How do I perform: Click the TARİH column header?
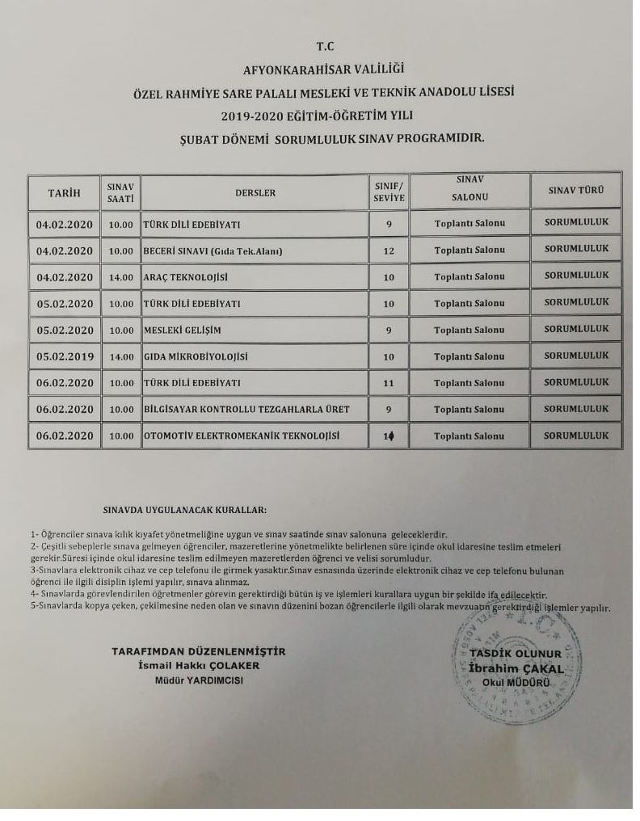[x=65, y=192]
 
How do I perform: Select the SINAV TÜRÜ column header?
[x=575, y=192]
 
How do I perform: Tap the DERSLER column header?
[x=255, y=193]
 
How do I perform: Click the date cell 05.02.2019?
[x=65, y=356]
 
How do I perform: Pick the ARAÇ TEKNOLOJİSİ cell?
[x=186, y=277]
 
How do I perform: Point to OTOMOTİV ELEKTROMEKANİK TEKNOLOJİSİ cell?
[x=242, y=436]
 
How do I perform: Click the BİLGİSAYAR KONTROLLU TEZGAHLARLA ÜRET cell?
[x=246, y=410]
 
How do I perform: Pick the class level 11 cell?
[x=389, y=383]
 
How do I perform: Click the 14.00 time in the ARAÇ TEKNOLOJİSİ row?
[x=121, y=277]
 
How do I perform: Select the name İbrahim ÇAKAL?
[x=515, y=668]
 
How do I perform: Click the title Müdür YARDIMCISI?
[x=199, y=680]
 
